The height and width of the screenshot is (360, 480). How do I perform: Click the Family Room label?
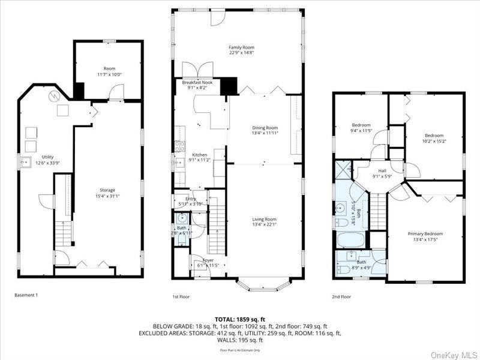(242, 47)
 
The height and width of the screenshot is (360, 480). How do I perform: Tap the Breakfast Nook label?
(197, 82)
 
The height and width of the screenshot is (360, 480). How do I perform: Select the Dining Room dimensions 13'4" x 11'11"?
(265, 133)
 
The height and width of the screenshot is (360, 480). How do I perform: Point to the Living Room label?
(264, 219)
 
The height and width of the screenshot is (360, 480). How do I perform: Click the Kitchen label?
(199, 154)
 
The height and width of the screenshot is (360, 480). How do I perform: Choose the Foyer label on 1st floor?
(208, 260)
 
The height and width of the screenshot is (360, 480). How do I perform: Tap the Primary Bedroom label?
(425, 233)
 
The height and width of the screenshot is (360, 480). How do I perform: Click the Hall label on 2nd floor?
(382, 170)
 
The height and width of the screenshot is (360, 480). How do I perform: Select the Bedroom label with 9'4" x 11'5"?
(361, 125)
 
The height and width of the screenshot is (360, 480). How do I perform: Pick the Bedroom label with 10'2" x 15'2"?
(434, 136)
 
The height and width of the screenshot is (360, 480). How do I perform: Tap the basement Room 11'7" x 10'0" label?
(109, 68)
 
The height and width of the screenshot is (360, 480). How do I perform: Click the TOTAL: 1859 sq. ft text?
(240, 319)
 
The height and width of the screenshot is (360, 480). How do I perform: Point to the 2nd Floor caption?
(341, 296)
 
